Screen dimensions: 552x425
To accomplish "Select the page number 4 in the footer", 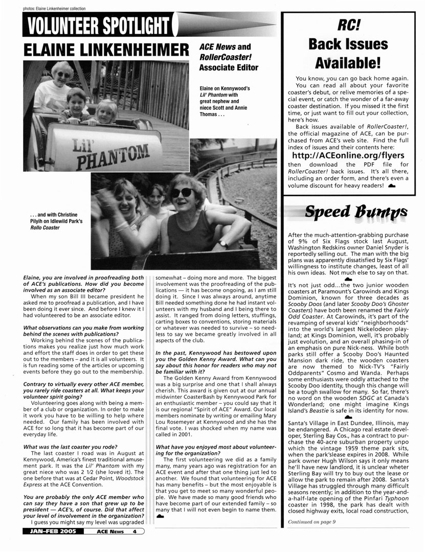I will [x=133, y=546].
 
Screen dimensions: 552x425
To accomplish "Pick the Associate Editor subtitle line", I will [x=229, y=67].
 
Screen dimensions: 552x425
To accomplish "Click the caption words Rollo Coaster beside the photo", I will [x=45, y=227].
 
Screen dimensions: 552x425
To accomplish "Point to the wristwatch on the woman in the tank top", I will [x=223, y=244].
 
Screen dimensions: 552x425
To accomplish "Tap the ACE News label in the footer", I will [x=110, y=546].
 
